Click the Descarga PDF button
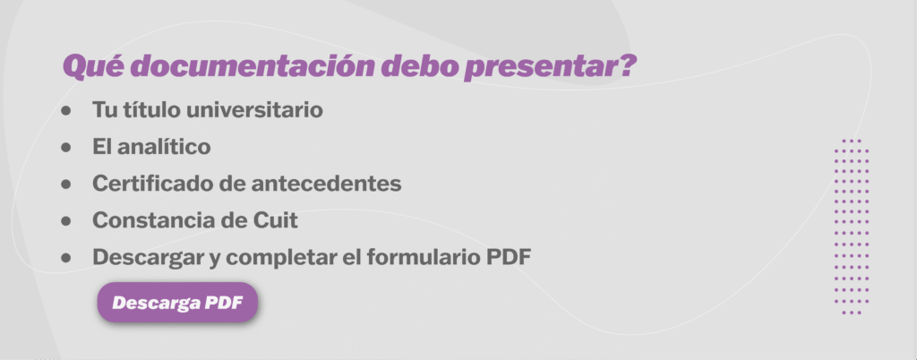coord(177,302)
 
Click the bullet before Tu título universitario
coord(66,110)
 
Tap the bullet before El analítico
coord(66,147)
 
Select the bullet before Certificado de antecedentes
coord(66,184)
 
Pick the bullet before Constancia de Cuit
coord(66,220)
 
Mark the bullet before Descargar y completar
coord(66,257)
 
